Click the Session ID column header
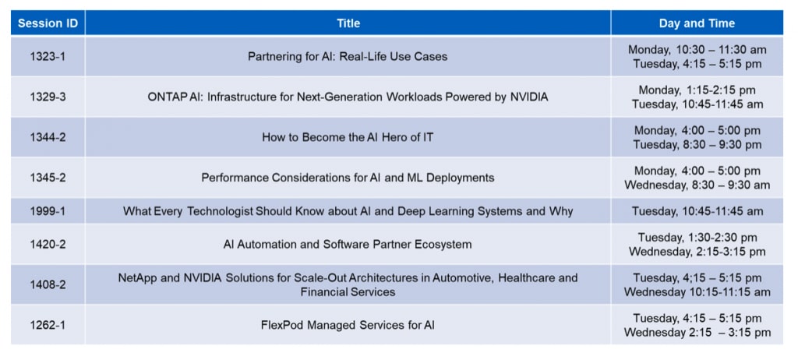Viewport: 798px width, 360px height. (48, 23)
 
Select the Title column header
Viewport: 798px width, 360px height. (348, 23)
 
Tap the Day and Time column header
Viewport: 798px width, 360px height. (697, 23)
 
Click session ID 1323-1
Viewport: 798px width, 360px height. (48, 57)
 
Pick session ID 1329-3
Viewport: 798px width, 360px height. (48, 97)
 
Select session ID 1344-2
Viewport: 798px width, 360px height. (48, 137)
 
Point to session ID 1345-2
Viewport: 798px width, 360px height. (48, 178)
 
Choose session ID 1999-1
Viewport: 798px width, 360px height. (48, 211)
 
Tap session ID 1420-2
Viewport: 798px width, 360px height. (48, 245)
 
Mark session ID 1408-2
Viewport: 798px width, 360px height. (48, 284)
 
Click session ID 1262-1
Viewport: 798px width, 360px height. (48, 325)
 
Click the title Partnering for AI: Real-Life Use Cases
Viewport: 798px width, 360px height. (348, 57)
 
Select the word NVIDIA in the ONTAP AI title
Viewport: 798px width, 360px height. (529, 97)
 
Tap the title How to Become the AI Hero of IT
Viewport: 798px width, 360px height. (348, 137)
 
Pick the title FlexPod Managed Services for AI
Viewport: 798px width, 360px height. (348, 325)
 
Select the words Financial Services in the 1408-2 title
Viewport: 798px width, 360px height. (348, 292)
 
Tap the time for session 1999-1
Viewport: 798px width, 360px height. (697, 211)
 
